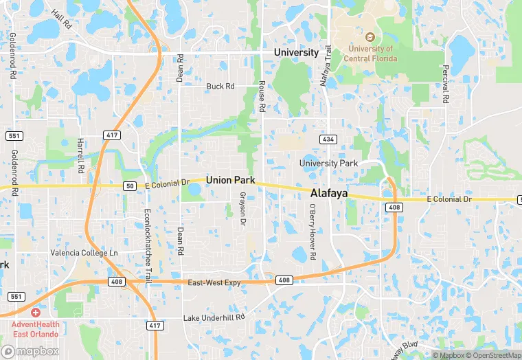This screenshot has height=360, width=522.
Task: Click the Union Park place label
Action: [230, 180]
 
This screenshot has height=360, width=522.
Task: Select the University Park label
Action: [328, 164]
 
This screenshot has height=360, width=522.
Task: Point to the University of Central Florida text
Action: [370, 54]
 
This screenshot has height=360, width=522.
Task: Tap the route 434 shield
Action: [328, 139]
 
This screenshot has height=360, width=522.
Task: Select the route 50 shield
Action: [130, 186]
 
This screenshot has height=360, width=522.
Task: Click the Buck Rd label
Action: [220, 87]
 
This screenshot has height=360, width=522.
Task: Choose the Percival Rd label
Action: [445, 84]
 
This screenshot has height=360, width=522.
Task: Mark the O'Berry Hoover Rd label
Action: [312, 232]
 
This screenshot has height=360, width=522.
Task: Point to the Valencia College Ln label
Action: [84, 253]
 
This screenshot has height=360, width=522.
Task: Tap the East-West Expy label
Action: [214, 282]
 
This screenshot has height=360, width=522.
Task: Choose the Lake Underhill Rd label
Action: [214, 317]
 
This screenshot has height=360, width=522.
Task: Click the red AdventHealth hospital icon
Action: [35, 312]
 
